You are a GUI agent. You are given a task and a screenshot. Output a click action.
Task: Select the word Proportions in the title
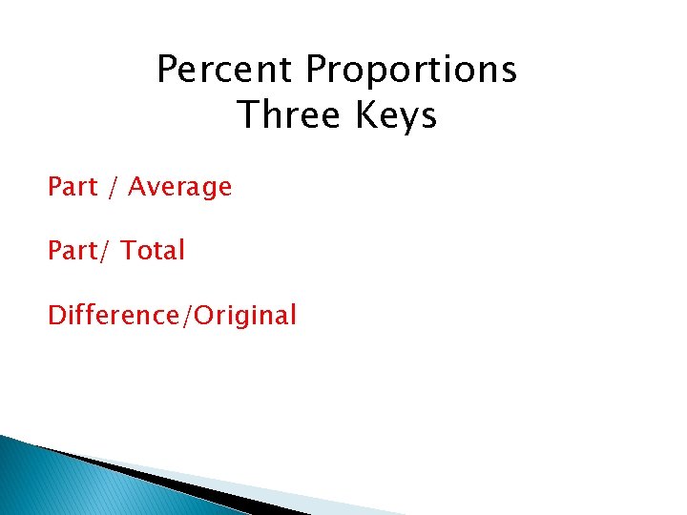coord(412,70)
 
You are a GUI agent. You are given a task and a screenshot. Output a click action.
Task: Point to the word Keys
coord(394,116)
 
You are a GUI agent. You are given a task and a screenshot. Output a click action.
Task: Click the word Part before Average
coord(73,187)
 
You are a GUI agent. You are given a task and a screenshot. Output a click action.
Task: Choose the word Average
coord(179,188)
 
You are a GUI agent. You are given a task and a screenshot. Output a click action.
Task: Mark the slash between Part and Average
coord(113,188)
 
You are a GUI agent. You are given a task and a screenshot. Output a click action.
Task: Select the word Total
coord(153,251)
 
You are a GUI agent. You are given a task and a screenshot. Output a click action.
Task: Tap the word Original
coord(245,316)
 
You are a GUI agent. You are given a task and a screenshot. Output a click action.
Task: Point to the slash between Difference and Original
coord(187,316)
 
